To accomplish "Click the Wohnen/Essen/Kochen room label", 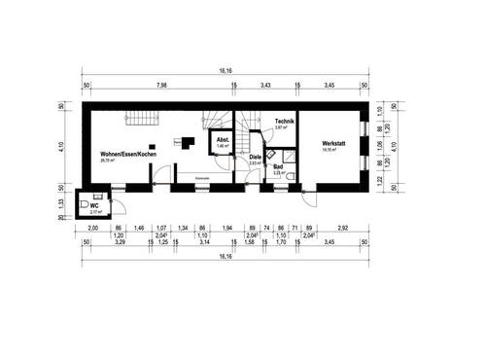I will (127, 155).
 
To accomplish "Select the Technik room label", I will (283, 120).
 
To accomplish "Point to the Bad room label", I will (278, 166).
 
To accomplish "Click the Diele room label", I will (255, 157).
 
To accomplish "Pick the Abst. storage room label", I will (223, 139).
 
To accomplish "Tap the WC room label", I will (94, 205).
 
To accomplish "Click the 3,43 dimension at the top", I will (265, 86).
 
